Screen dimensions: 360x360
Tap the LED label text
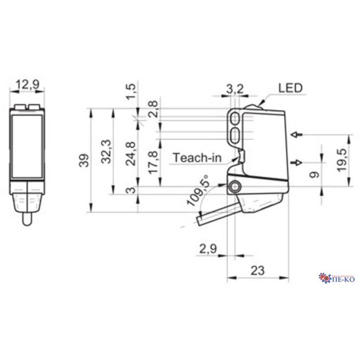(x=289, y=87)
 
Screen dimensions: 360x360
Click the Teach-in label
(x=195, y=157)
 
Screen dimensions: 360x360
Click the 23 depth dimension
(x=257, y=270)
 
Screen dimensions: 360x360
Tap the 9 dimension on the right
(x=314, y=174)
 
